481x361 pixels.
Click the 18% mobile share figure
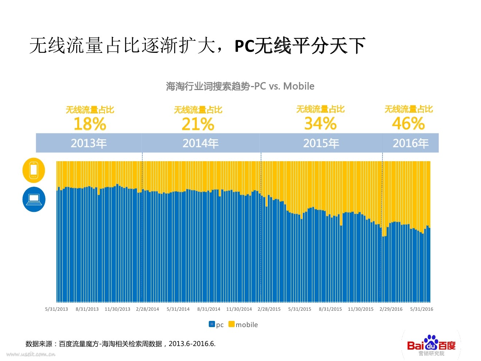(x=90, y=124)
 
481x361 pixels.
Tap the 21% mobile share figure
(x=198, y=124)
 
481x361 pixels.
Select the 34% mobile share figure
(x=320, y=123)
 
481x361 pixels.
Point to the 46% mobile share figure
(x=408, y=123)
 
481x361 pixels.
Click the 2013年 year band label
(x=89, y=143)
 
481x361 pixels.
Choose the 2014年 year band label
(x=200, y=143)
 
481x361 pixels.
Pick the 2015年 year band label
(x=321, y=143)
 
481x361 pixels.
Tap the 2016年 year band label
(x=410, y=143)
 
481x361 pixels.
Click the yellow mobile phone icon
(x=34, y=170)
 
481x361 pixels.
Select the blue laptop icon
(x=34, y=199)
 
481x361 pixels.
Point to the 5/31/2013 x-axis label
(x=56, y=309)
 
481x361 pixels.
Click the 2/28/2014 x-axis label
(x=148, y=309)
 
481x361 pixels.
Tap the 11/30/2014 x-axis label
(x=239, y=309)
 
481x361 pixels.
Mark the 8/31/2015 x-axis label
(x=330, y=309)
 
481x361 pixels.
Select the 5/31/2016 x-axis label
(x=422, y=309)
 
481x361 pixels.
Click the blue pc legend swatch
(x=212, y=324)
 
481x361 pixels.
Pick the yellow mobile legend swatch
(x=231, y=324)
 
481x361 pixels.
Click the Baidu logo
(x=431, y=345)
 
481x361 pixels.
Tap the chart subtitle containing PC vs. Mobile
(x=240, y=86)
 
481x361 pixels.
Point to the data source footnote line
(x=121, y=343)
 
